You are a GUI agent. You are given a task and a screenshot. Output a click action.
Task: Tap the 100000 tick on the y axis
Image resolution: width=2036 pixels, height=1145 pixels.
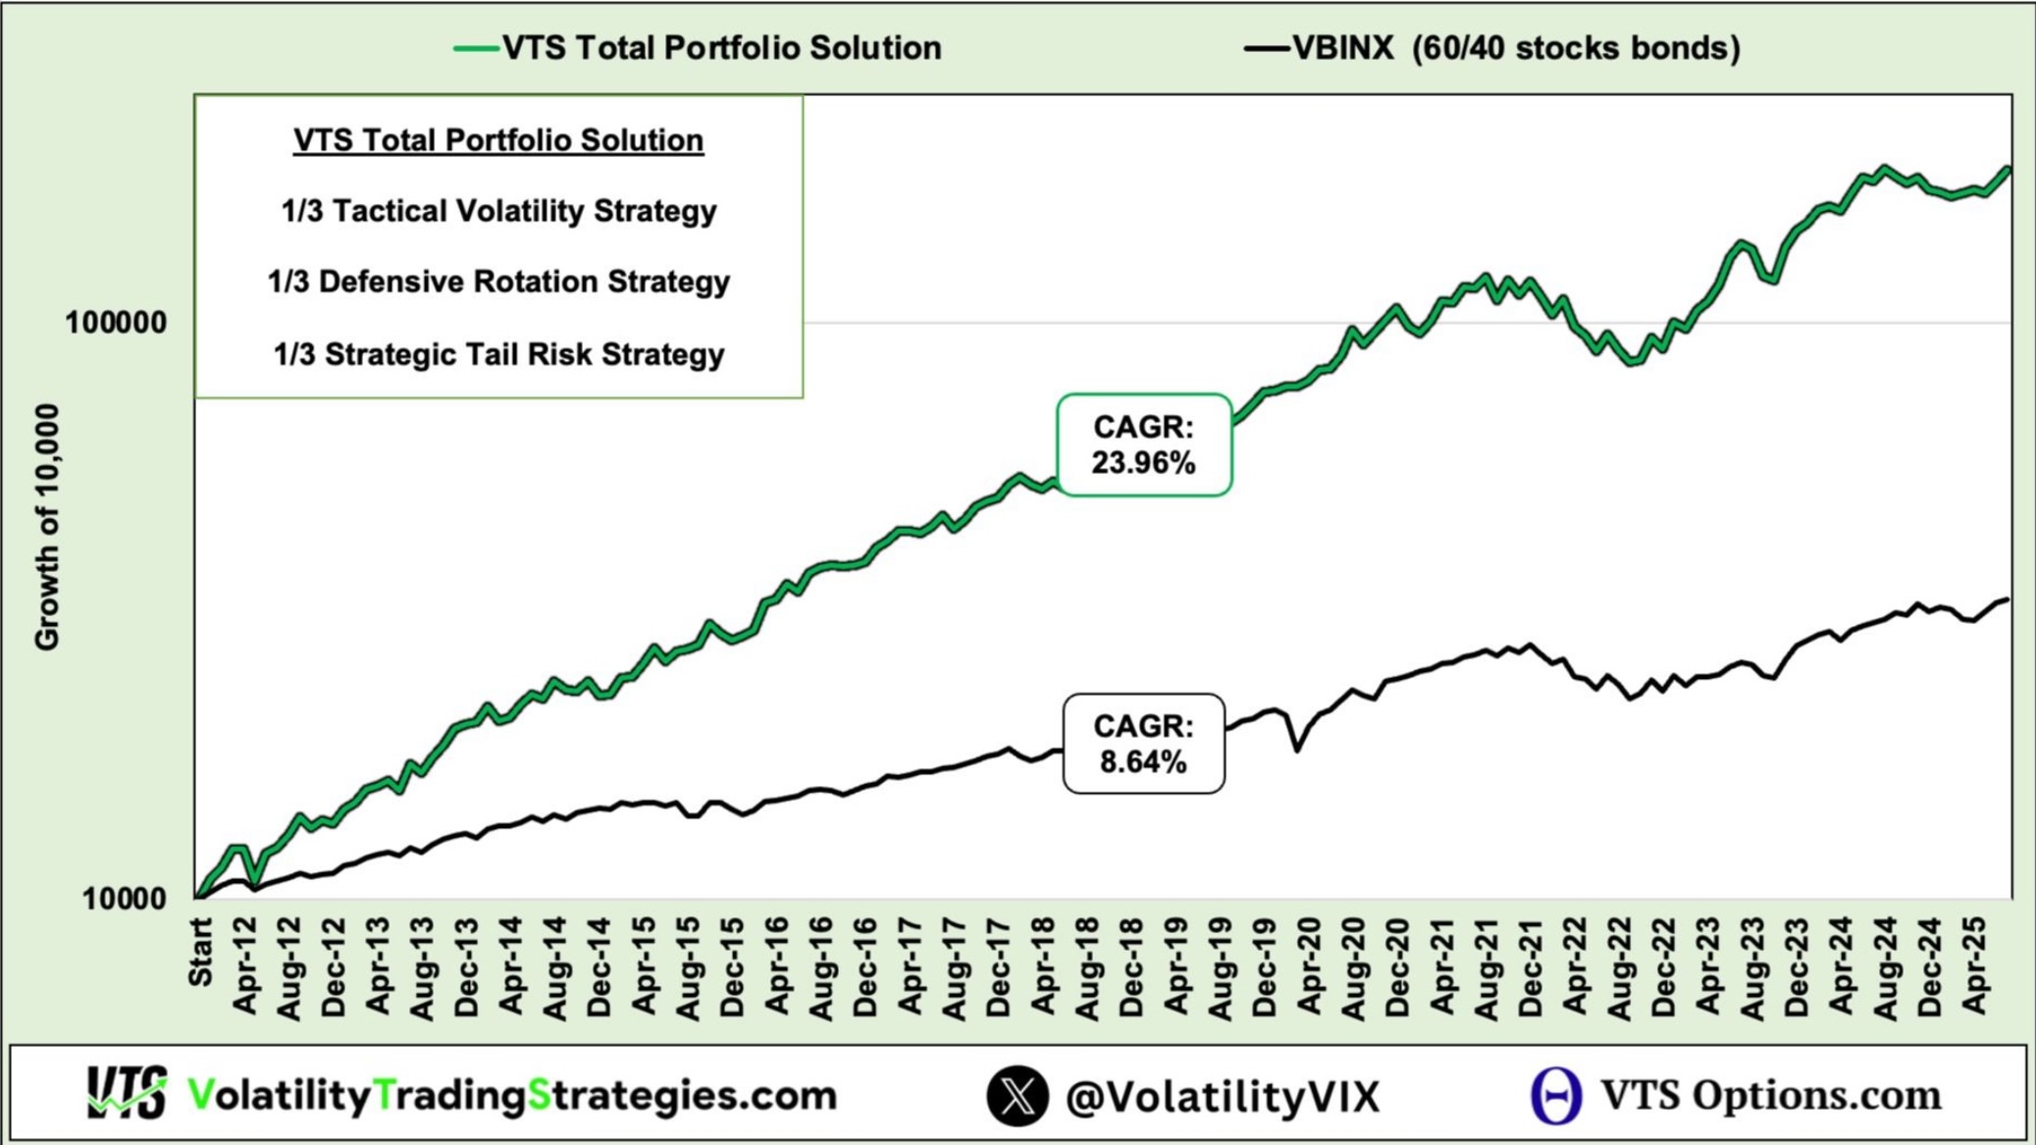click(x=116, y=323)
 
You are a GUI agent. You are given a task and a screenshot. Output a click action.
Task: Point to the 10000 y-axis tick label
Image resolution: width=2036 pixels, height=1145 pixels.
click(x=125, y=899)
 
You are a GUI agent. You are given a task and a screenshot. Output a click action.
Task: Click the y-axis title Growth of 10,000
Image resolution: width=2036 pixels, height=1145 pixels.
click(x=46, y=527)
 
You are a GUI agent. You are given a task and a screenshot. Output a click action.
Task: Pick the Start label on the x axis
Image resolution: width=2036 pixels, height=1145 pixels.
click(x=200, y=952)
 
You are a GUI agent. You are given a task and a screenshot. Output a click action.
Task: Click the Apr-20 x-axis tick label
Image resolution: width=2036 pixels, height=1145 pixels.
click(x=1309, y=966)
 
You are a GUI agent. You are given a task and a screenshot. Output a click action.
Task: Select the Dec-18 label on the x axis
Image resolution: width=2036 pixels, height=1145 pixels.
click(x=1131, y=967)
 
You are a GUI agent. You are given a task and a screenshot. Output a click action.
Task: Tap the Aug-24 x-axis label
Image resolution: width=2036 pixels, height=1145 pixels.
click(x=1885, y=967)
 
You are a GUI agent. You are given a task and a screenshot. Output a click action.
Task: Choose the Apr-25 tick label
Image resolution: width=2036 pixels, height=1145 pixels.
click(x=1973, y=966)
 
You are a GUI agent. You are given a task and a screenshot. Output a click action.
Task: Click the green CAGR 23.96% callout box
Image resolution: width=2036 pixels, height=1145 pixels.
click(x=1144, y=445)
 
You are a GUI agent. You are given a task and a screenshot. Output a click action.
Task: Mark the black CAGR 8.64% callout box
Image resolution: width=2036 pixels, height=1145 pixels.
click(x=1144, y=744)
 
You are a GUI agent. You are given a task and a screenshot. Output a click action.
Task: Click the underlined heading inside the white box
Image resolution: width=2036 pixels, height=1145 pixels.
click(x=498, y=140)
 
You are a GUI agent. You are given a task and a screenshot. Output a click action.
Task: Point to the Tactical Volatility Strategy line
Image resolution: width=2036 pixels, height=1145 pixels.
click(x=498, y=211)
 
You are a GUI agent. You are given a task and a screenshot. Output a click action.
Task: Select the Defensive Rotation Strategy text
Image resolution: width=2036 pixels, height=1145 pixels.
click(x=498, y=283)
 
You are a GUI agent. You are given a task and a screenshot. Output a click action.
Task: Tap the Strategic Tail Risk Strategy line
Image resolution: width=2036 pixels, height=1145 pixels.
click(x=498, y=354)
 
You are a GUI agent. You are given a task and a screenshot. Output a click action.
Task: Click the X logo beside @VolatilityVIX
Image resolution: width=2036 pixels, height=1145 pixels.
click(x=1018, y=1096)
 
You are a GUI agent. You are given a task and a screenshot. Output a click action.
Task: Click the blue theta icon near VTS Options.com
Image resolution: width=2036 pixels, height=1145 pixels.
click(x=1556, y=1096)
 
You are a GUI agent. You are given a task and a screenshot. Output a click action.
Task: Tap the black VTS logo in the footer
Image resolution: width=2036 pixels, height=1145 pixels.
click(x=127, y=1093)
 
